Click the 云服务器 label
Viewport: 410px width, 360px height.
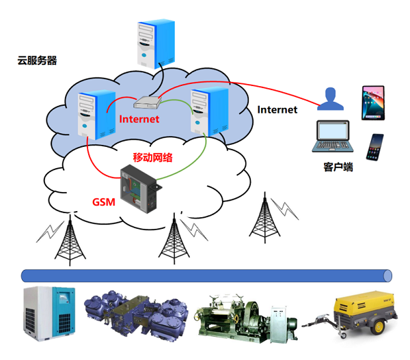click(x=37, y=61)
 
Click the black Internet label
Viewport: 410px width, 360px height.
click(x=277, y=109)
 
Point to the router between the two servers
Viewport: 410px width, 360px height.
click(x=147, y=102)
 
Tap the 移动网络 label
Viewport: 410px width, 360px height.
click(x=152, y=157)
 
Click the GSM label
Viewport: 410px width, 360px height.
click(x=103, y=202)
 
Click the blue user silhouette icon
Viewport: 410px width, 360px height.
click(x=332, y=100)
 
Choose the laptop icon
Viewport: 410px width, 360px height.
click(x=331, y=137)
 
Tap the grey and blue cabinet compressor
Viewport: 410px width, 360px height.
click(x=46, y=311)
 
